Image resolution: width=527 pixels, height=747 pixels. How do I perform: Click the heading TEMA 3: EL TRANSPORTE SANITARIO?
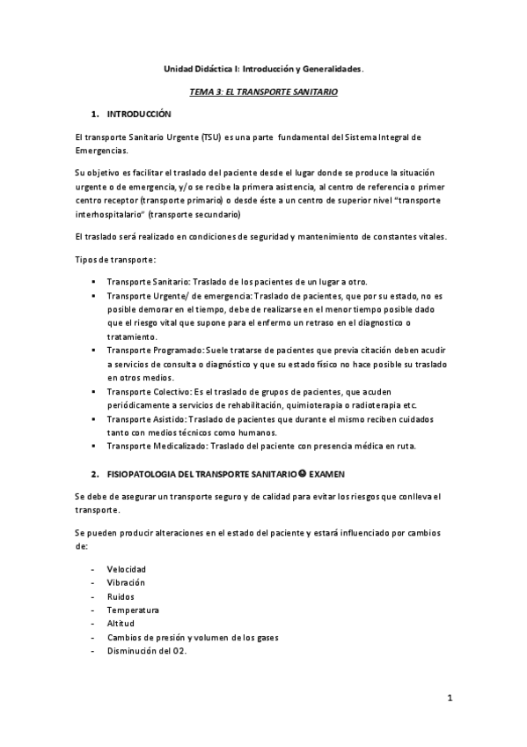(x=264, y=92)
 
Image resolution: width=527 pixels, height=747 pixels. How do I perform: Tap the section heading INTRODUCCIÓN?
(x=139, y=115)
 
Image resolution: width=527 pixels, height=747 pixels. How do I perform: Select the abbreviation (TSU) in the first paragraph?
(x=211, y=138)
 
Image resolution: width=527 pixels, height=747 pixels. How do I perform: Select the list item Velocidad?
(x=126, y=570)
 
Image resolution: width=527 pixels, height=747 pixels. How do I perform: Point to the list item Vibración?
(x=126, y=583)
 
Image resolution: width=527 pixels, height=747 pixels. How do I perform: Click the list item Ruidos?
(x=121, y=596)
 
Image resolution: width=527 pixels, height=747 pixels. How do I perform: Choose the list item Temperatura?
(x=133, y=610)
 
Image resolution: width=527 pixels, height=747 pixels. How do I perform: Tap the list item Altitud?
(x=121, y=623)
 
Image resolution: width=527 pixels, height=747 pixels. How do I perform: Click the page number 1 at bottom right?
(x=449, y=700)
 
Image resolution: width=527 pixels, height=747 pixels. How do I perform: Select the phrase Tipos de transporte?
(x=116, y=259)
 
